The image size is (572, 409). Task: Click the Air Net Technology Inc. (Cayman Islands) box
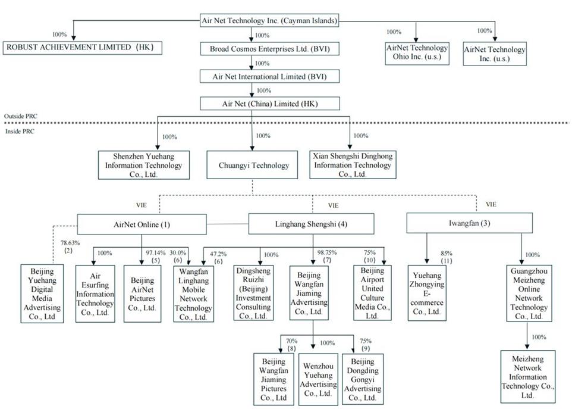(x=270, y=21)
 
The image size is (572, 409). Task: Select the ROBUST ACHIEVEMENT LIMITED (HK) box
(x=83, y=48)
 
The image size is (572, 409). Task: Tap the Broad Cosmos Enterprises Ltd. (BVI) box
(x=270, y=49)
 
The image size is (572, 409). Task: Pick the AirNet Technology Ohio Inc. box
(x=416, y=54)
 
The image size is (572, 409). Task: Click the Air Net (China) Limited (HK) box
(x=270, y=104)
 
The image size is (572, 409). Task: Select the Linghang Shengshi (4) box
(x=311, y=224)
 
